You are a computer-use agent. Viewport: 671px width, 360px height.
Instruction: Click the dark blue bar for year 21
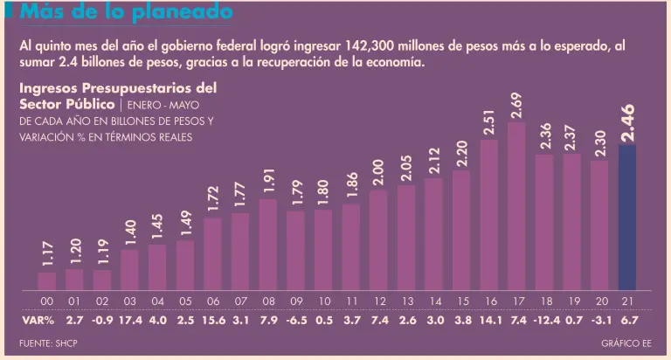(x=626, y=218)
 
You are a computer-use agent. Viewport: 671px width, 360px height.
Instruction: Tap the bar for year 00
(x=47, y=280)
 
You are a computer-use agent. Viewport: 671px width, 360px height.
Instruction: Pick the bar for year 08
(x=268, y=245)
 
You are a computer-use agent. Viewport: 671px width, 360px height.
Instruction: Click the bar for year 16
(x=488, y=215)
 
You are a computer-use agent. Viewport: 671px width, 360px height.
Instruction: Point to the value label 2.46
(x=627, y=123)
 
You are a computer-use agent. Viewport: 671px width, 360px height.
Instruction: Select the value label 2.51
(x=488, y=120)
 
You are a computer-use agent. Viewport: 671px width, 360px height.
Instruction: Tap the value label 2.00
(x=378, y=173)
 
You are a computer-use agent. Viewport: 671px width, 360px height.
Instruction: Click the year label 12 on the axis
(x=378, y=301)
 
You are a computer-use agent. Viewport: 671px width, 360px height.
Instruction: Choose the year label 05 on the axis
(x=185, y=301)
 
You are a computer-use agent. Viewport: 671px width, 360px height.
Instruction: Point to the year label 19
(x=571, y=301)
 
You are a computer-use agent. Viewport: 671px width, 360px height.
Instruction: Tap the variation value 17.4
(x=129, y=321)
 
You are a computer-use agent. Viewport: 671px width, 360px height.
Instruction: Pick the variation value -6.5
(x=295, y=321)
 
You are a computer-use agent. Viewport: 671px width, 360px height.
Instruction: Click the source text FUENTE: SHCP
(x=49, y=343)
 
